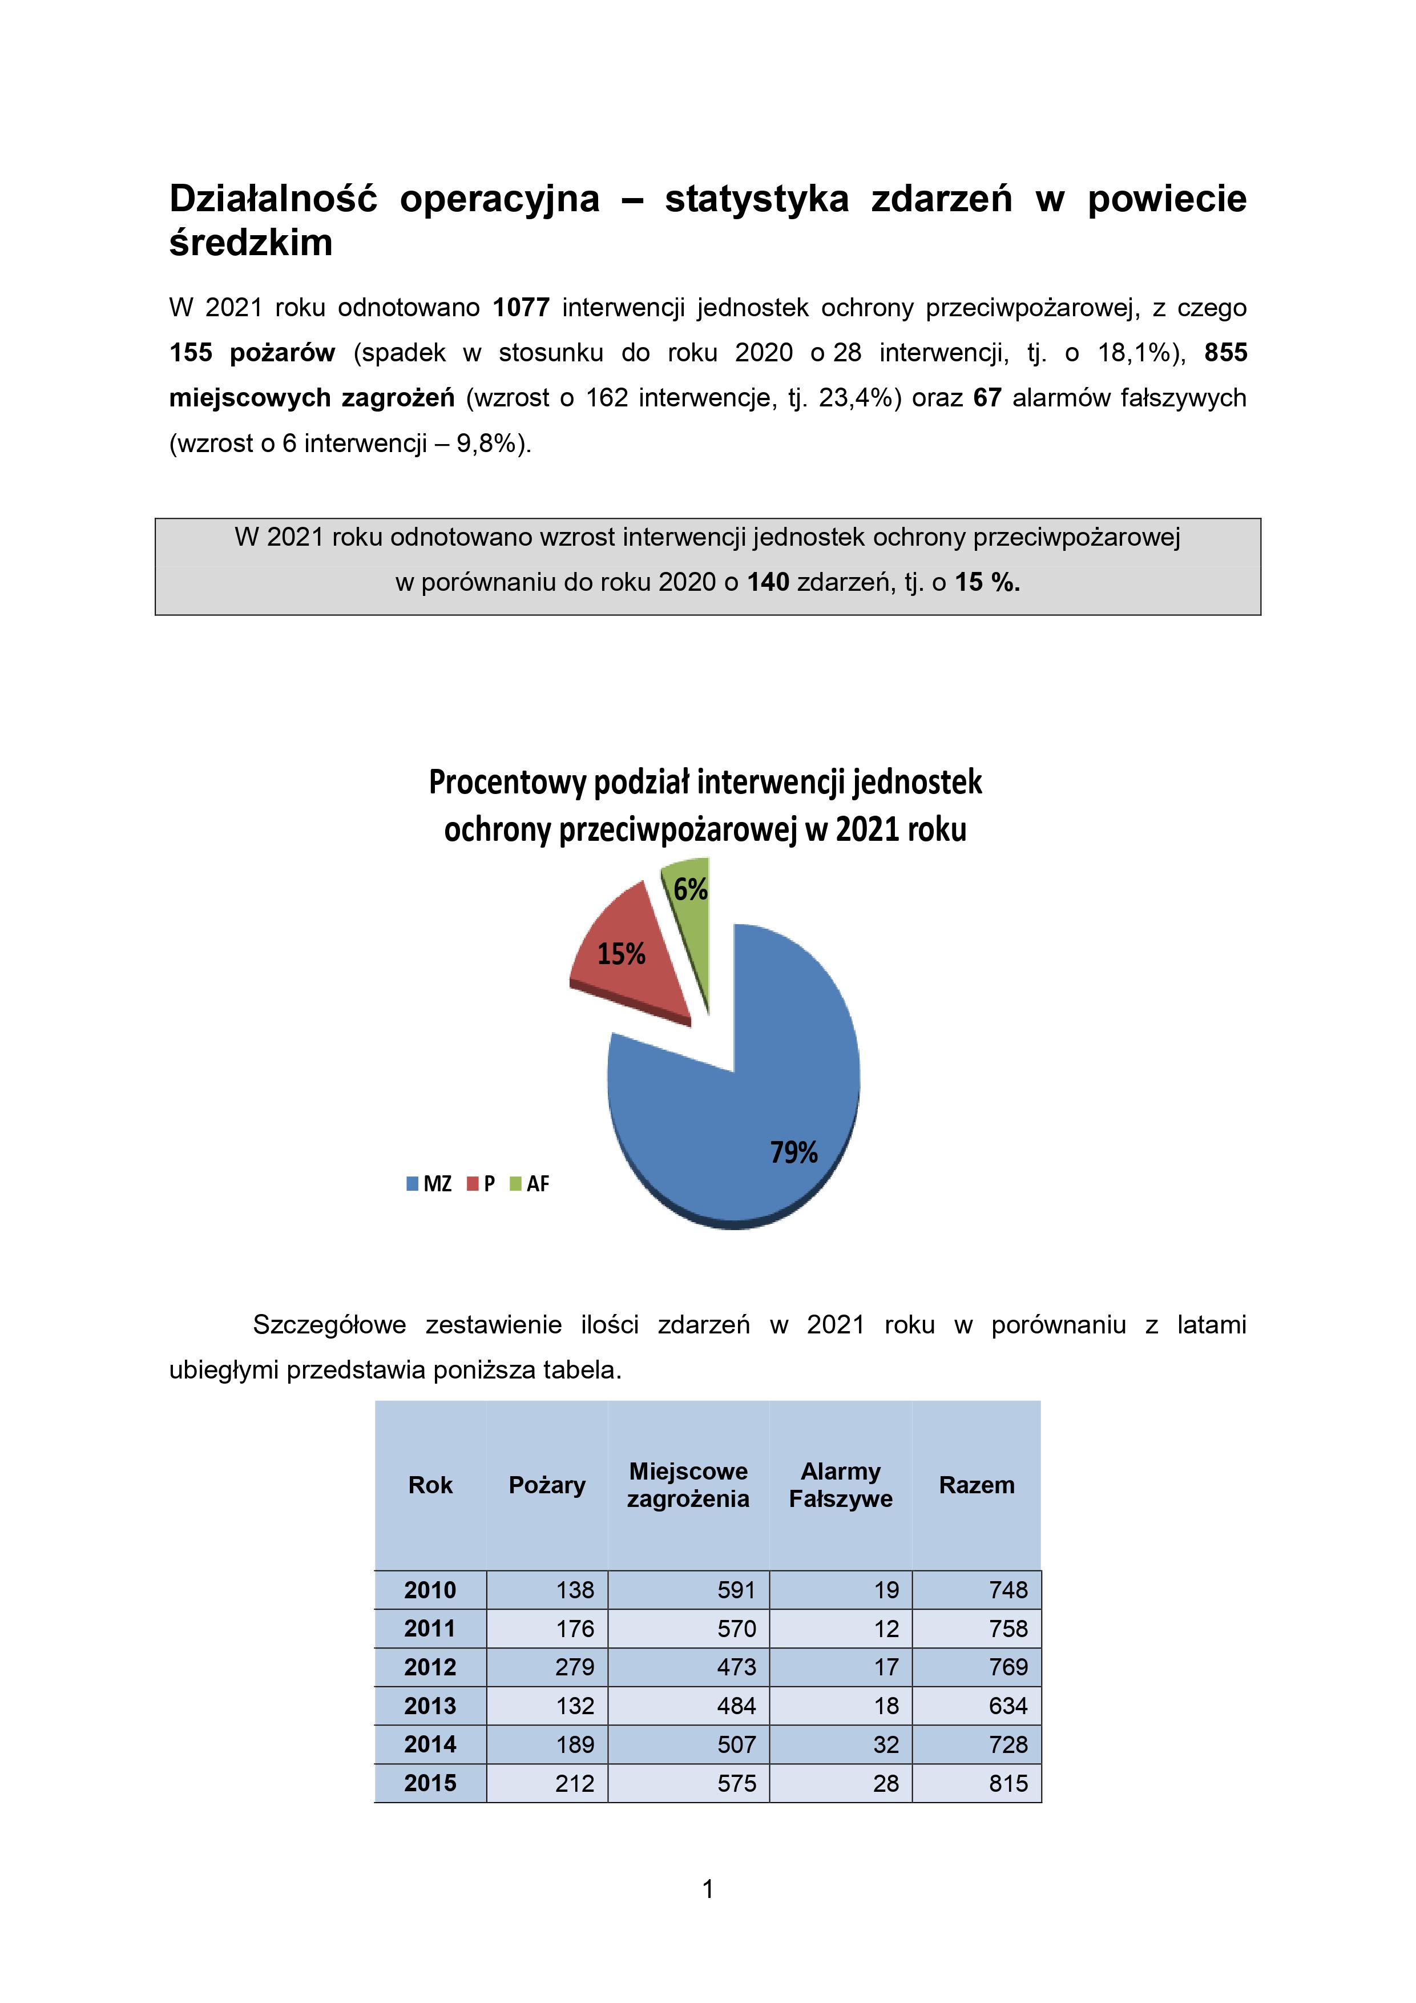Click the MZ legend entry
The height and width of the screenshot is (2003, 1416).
tap(430, 1184)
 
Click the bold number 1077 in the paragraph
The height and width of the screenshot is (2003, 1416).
tap(521, 308)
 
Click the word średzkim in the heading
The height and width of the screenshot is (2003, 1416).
tap(251, 243)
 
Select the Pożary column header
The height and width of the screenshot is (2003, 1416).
tap(547, 1485)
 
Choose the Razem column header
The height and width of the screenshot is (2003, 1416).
tap(977, 1485)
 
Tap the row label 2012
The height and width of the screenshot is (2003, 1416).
tap(430, 1667)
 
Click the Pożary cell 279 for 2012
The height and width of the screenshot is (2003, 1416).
tap(574, 1667)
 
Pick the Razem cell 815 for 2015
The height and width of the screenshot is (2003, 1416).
tap(1008, 1783)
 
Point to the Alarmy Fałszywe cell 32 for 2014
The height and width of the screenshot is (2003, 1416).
tap(886, 1745)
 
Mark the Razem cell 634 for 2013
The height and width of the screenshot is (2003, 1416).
tap(1008, 1706)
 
